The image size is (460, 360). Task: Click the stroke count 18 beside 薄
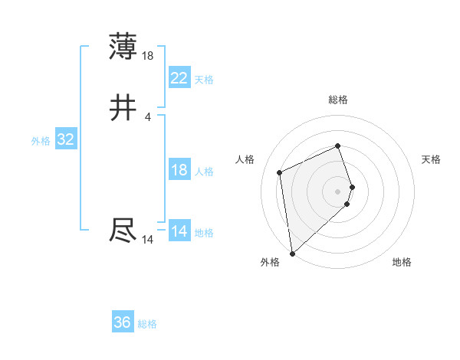148,56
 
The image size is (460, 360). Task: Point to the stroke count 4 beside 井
148,117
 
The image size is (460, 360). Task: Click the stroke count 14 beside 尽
148,240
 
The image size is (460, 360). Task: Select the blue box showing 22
179,78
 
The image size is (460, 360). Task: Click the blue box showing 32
65,139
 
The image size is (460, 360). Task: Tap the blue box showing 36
123,322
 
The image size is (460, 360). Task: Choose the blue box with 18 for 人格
179,170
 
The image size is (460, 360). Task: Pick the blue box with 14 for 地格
179,231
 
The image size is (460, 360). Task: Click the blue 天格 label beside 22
204,80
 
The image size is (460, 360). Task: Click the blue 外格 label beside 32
41,141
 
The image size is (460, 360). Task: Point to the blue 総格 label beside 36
147,324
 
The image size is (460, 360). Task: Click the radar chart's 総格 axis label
338,100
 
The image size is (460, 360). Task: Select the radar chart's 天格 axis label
431,159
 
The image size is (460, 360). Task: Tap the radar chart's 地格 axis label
402,262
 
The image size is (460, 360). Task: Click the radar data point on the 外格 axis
292,254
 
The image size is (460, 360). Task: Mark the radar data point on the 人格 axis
280,172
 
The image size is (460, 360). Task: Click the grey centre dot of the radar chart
338,191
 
